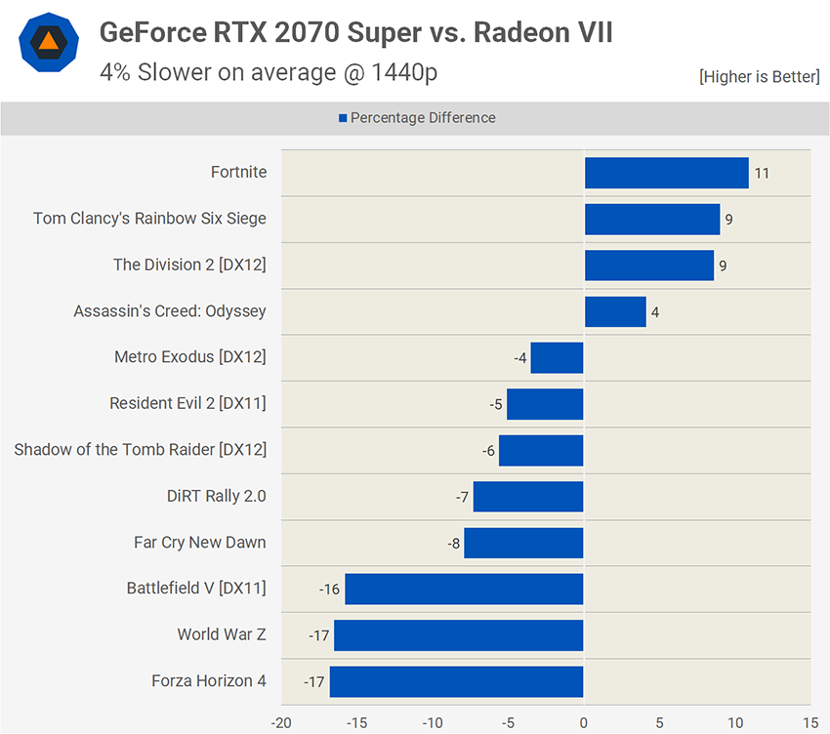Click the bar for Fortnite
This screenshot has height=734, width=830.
point(666,173)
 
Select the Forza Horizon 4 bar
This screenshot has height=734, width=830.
point(456,681)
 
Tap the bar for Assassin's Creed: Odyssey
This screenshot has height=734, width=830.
point(615,312)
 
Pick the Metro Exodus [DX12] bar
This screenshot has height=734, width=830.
point(557,358)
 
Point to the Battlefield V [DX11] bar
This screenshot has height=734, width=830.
point(464,590)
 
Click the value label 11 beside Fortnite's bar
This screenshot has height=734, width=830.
point(762,174)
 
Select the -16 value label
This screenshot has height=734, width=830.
point(329,590)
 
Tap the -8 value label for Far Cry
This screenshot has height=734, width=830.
point(453,543)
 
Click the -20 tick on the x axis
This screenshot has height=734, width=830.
point(281,723)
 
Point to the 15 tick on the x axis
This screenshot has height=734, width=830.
point(810,723)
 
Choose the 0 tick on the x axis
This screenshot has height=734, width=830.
point(583,723)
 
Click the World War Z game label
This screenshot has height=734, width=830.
point(222,634)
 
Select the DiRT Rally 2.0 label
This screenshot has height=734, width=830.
point(216,496)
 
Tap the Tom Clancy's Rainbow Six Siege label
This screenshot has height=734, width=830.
point(149,219)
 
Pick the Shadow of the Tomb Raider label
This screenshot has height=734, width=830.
point(140,450)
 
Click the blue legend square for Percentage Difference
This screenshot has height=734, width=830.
point(343,118)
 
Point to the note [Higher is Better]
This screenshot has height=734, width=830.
point(759,76)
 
